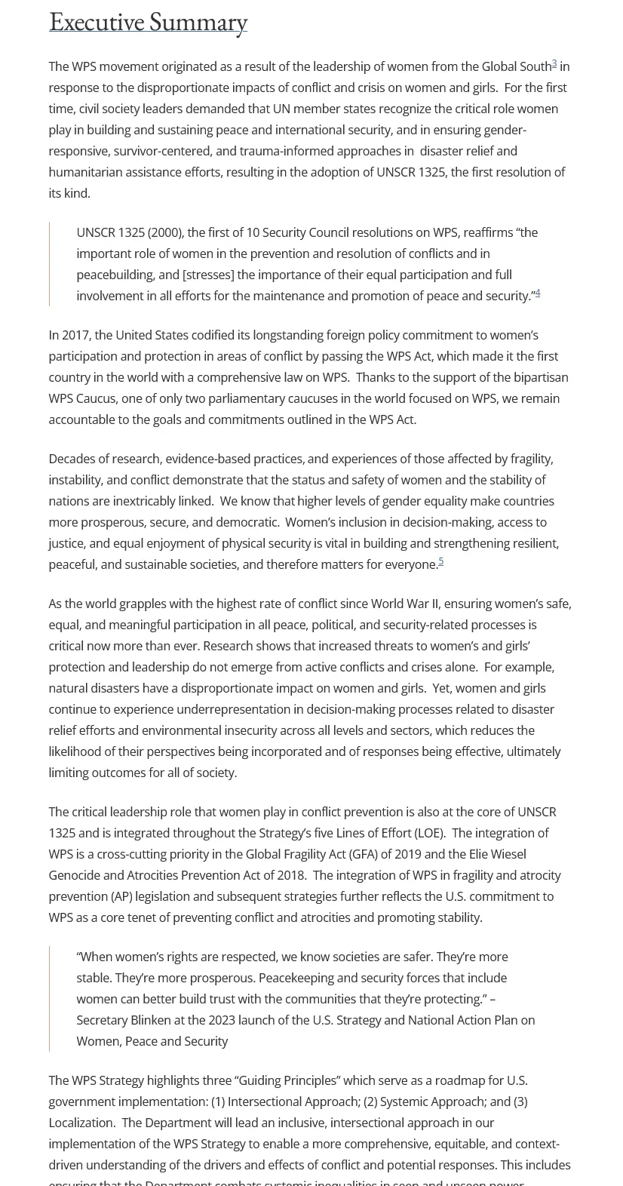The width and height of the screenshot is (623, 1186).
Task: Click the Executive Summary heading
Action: [x=148, y=22]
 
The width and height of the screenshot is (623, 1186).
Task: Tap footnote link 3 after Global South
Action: [x=554, y=64]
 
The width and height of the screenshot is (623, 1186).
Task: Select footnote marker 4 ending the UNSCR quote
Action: [x=538, y=293]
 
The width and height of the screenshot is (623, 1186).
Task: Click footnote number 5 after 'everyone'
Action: [x=440, y=561]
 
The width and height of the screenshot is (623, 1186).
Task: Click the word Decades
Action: [x=71, y=459]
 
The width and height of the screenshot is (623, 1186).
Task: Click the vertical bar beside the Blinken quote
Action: [x=50, y=999]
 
